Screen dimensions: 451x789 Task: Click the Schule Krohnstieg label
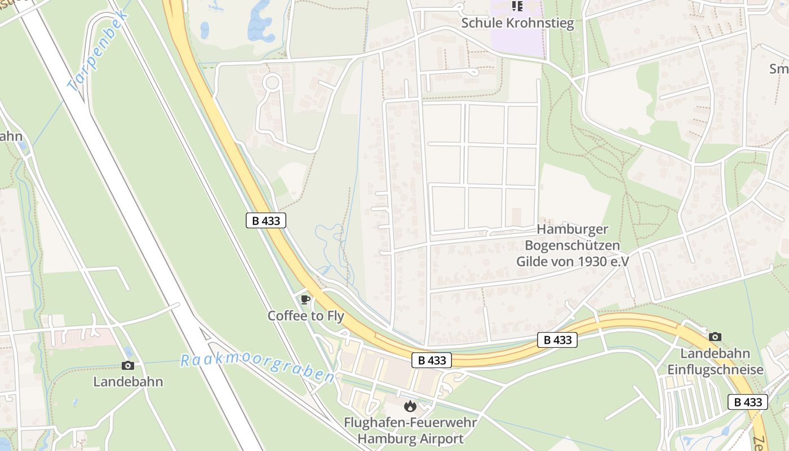[517, 23]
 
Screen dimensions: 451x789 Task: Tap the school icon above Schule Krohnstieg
[517, 6]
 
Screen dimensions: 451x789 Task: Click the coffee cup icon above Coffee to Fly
[305, 299]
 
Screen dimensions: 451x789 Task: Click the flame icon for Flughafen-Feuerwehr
[410, 406]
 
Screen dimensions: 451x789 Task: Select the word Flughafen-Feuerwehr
[410, 422]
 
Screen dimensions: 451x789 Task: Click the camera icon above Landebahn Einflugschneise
[715, 337]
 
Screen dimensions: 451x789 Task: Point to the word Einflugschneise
[715, 370]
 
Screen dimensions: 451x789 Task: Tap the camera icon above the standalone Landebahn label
[128, 365]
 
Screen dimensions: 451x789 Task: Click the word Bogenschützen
[572, 245]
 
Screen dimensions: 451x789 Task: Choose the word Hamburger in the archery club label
[572, 229]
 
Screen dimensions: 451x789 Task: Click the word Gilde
[533, 261]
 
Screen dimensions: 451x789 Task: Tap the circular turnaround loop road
[272, 83]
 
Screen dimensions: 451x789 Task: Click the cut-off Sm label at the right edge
[779, 69]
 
